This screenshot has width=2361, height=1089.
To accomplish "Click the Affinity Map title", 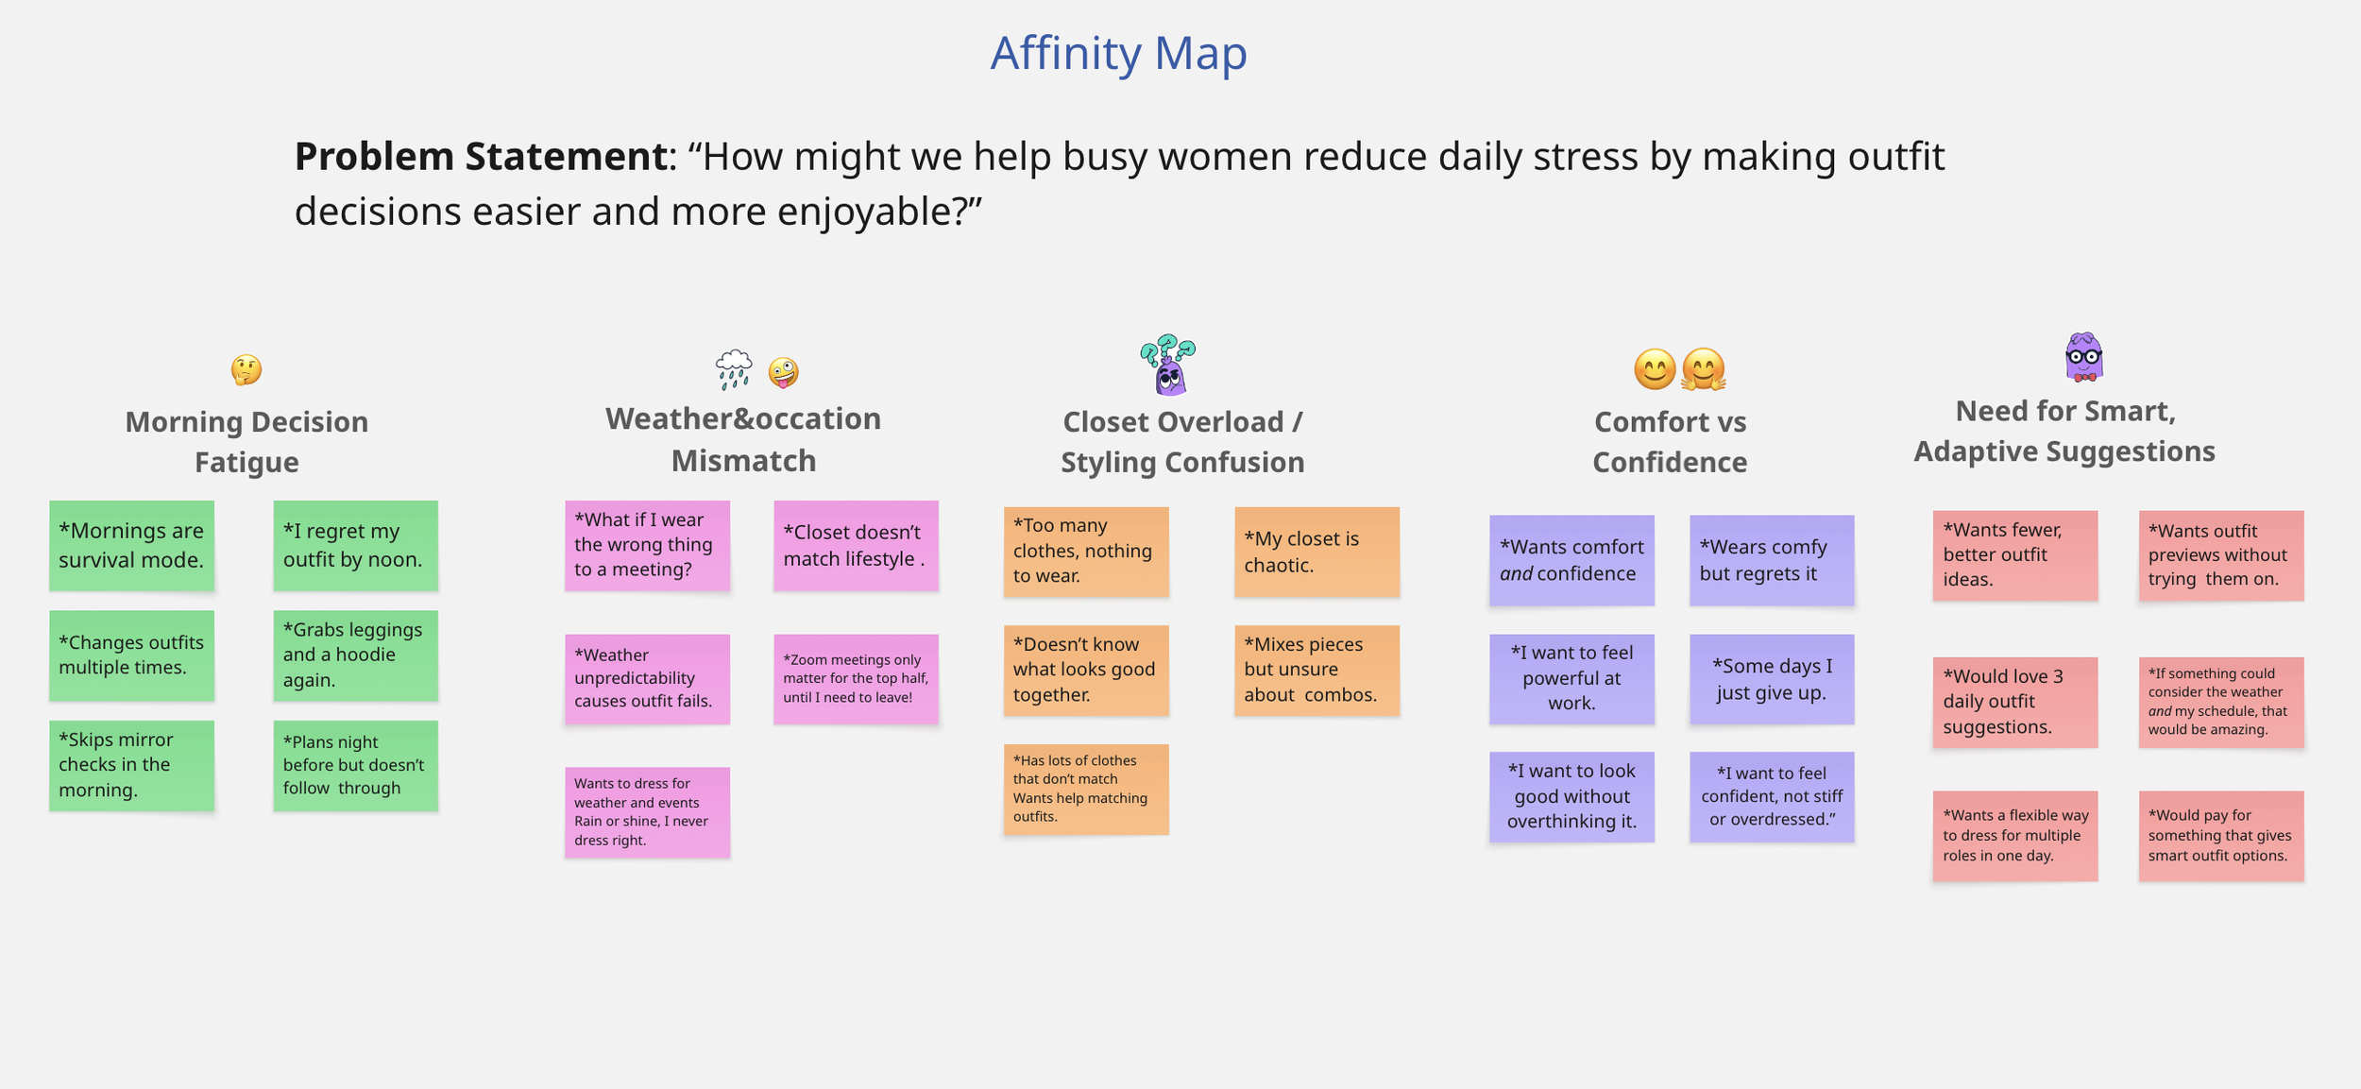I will tap(1118, 53).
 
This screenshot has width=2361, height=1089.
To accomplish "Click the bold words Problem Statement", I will tap(481, 157).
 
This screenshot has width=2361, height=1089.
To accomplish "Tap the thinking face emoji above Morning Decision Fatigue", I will tap(246, 369).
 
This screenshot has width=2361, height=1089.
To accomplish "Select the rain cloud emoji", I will tap(734, 369).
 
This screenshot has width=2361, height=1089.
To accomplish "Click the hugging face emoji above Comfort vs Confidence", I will tap(1703, 369).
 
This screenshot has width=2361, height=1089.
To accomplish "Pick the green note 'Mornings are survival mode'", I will tap(131, 546).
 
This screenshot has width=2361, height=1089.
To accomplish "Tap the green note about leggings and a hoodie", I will tap(355, 655).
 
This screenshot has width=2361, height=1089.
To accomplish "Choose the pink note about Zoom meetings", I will tap(856, 679).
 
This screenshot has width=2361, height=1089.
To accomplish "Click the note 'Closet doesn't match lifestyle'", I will tap(856, 546).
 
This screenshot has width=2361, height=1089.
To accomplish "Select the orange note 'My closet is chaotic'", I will tap(1316, 552).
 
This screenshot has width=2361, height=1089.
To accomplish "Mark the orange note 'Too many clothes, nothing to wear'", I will tap(1086, 552).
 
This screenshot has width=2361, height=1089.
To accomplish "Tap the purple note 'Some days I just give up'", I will tap(1772, 679).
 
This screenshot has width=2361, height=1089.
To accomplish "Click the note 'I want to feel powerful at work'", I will tap(1571, 679).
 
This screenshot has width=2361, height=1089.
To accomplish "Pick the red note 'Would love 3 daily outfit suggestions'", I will tap(2015, 702).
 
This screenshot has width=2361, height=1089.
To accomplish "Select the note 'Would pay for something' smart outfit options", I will tap(2221, 836).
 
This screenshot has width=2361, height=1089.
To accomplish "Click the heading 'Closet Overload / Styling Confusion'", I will tap(1182, 442).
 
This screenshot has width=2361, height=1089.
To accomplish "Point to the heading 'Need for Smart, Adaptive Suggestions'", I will tap(2064, 432).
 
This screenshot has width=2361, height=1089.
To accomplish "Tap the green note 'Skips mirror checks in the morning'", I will tap(131, 765).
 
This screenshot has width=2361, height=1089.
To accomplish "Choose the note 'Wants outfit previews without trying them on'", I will tap(2221, 555).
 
